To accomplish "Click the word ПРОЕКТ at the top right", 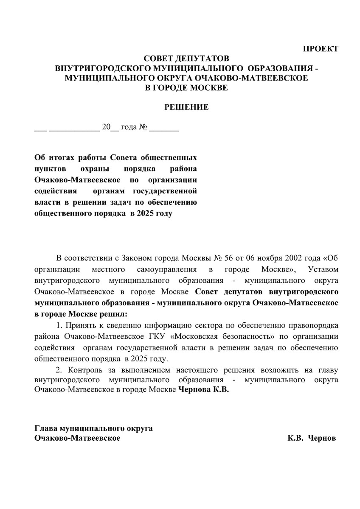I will coord(321,49).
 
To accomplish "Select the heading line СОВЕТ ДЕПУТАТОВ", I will coord(186,58).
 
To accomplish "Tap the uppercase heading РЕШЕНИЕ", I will coord(186,107).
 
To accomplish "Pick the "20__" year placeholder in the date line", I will coord(110,127).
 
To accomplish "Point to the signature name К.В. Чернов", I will coord(311,438).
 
